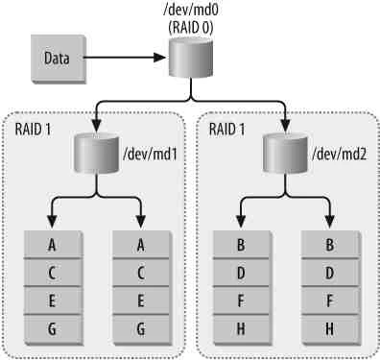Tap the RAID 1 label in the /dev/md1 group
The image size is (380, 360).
pos(36,129)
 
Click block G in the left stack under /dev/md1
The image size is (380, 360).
pos(51,326)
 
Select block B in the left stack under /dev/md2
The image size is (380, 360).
pos(238,244)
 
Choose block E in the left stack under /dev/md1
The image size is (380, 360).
pos(51,299)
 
